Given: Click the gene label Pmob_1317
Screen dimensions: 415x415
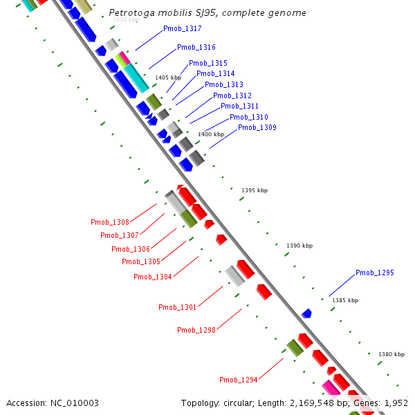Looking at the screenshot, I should tap(183, 29).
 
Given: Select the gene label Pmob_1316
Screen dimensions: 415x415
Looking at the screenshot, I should tap(196, 48).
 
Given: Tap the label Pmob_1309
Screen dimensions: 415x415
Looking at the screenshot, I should tap(257, 128).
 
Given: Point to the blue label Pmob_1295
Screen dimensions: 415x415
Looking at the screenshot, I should tap(375, 273).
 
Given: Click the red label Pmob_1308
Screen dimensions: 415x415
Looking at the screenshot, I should tap(110, 223).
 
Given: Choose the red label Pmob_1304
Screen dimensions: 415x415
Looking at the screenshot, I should tap(153, 277).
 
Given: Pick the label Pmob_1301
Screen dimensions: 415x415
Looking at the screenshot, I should tap(178, 308).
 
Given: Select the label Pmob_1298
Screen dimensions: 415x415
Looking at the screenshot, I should tap(196, 331).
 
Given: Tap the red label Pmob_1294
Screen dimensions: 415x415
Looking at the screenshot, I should tap(239, 380).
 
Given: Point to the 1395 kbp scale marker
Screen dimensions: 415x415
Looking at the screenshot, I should tap(255, 190).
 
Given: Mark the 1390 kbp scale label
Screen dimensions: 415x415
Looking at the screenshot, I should tap(299, 246).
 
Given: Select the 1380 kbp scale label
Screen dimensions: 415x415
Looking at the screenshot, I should tap(391, 355).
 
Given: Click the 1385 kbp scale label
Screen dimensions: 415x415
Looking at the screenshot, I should tap(345, 300).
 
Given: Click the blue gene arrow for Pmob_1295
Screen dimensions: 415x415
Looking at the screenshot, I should tap(306, 314).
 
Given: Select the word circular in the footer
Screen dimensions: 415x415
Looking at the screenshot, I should tap(239, 403).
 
